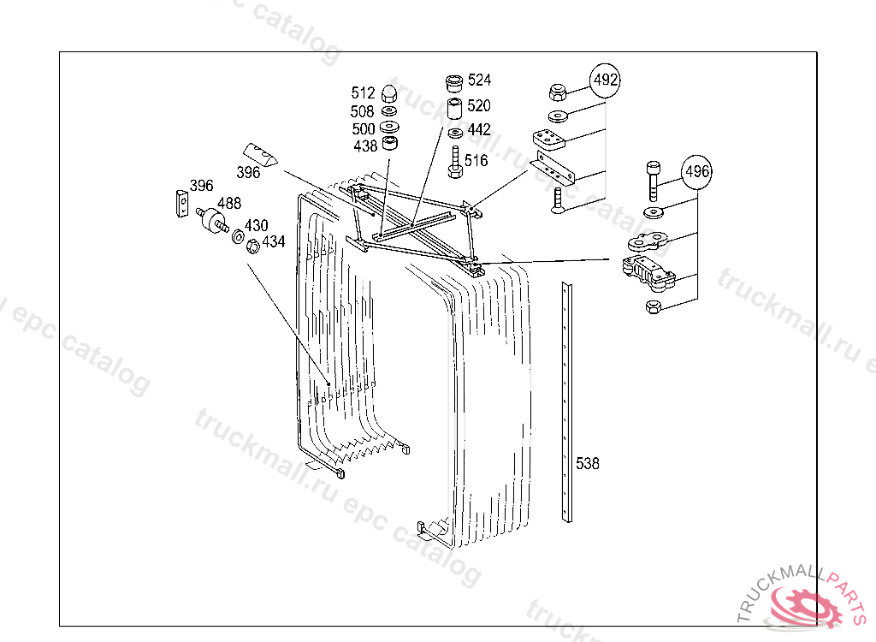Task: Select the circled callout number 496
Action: tap(697, 172)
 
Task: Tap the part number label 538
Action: tap(588, 463)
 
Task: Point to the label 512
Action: tap(363, 92)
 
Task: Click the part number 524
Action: tap(479, 80)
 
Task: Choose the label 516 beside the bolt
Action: tap(476, 161)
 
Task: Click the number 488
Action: tap(228, 204)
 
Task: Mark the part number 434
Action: tap(273, 242)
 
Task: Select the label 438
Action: tap(365, 146)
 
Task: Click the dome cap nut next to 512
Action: tap(388, 93)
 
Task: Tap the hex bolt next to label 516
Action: tap(455, 162)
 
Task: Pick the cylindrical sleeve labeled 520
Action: tap(453, 109)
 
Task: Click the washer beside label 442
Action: tap(454, 132)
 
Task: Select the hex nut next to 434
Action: tap(253, 247)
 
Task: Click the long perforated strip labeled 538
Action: tap(567, 402)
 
